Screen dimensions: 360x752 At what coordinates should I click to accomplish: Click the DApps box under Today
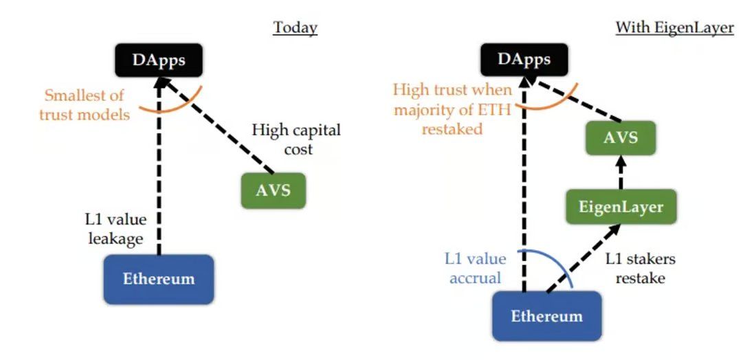[159, 60]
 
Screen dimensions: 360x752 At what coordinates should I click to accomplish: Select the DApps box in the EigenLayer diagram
[524, 60]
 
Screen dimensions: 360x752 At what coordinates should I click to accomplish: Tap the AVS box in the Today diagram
[274, 190]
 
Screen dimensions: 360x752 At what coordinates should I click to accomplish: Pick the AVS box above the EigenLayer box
[621, 137]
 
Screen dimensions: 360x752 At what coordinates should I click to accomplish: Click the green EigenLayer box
[621, 206]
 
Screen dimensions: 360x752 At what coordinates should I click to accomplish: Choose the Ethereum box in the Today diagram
[159, 279]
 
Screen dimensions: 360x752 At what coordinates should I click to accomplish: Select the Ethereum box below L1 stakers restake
[546, 316]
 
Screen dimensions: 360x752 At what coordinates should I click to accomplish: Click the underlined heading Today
[295, 27]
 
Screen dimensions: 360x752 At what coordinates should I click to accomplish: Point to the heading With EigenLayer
[674, 27]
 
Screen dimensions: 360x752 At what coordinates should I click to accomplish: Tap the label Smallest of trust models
[84, 105]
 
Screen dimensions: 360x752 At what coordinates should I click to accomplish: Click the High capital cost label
[296, 139]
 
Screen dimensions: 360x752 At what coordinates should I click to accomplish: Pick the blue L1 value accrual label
[475, 268]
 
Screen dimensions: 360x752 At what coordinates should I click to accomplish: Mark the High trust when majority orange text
[453, 109]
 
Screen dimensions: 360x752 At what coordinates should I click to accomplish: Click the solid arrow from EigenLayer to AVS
[621, 172]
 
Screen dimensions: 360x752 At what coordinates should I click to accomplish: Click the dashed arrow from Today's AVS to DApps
[220, 124]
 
